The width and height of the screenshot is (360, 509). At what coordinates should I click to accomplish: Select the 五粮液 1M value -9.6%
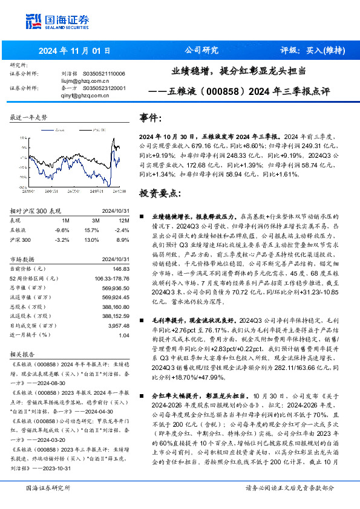[62, 230]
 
